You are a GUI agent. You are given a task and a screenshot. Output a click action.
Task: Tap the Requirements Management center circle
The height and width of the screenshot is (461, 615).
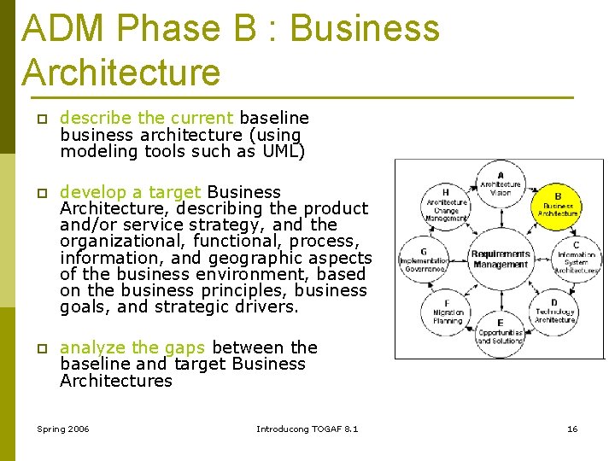point(501,259)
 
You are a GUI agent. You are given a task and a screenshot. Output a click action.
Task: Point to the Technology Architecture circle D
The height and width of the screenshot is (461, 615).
point(555,311)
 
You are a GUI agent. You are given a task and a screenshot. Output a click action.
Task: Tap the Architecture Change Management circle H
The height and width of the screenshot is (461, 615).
point(446,206)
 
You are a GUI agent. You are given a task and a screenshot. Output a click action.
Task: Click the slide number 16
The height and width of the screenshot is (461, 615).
point(572,429)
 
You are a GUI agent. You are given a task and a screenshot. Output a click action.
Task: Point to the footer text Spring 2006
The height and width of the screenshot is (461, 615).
point(63,429)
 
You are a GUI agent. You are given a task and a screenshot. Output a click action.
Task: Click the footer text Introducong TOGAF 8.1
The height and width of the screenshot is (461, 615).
point(307,429)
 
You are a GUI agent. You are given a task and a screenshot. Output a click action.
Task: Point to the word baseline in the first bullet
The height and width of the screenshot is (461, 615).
point(274,118)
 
